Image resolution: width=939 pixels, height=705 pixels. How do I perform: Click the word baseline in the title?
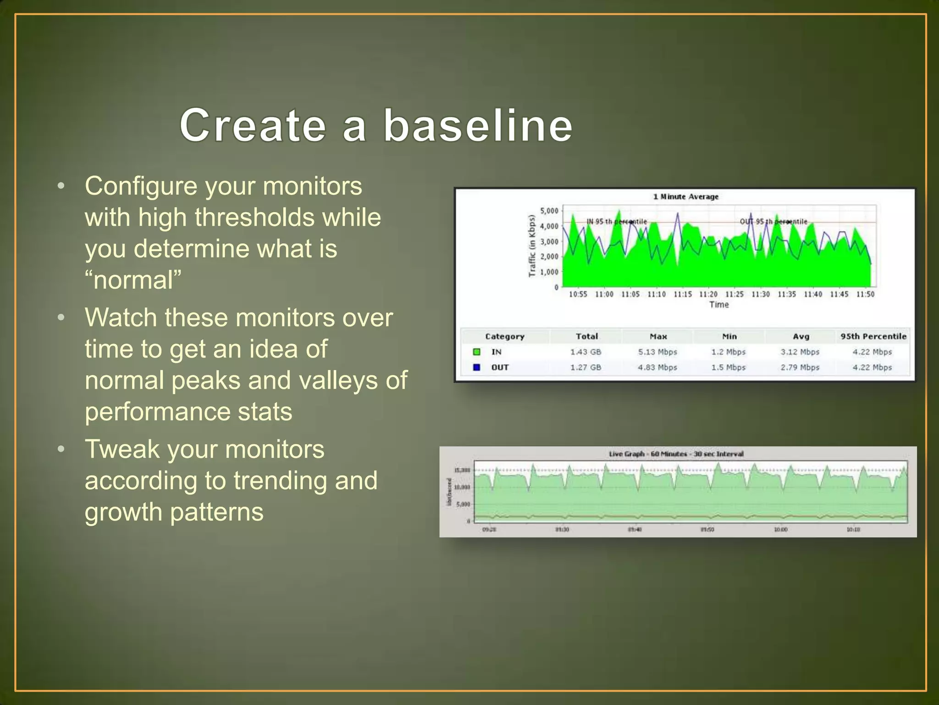478,125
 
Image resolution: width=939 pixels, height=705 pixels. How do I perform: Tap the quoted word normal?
133,280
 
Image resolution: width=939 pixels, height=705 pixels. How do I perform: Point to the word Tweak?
122,449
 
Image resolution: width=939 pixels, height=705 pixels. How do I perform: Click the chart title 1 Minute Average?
685,196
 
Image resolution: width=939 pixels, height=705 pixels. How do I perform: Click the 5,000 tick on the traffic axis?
549,211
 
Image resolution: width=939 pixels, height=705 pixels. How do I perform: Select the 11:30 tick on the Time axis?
760,294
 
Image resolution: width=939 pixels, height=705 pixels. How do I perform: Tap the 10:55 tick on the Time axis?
578,294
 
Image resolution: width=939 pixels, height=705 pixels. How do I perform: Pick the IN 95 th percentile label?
616,222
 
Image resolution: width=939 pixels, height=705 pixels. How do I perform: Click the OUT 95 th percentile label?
773,222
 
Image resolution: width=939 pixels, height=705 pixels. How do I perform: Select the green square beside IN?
477,352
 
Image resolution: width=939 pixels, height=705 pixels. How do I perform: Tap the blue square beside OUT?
477,367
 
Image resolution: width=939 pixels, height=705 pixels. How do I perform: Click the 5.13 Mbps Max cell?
657,352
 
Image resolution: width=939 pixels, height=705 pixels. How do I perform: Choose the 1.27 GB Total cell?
585,367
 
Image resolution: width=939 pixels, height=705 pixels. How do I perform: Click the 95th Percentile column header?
873,336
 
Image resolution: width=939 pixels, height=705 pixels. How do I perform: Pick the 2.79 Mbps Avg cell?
800,367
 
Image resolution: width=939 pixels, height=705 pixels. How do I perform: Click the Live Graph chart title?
676,454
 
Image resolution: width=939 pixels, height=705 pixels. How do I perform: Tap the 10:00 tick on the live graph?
780,530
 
